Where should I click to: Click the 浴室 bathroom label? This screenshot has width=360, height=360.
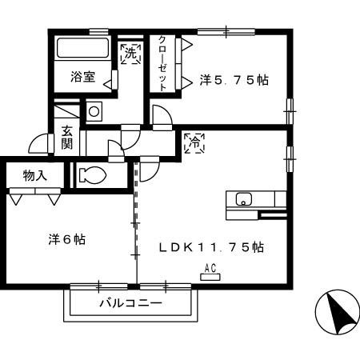coord(82,78)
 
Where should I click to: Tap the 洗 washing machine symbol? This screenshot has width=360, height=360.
coord(129,54)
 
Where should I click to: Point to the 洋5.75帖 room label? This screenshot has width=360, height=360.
coord(234,80)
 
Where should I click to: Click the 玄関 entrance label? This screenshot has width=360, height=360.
coord(67,138)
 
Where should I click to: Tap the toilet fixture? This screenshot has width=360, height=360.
coord(93,174)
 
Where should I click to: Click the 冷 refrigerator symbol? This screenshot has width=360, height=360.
coord(193,144)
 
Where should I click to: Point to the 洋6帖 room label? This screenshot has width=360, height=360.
coord(67,239)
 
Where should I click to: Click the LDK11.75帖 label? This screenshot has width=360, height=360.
coord(211,247)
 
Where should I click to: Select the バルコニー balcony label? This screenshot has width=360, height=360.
coord(130,304)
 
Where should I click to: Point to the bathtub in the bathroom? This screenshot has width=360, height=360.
coord(81,48)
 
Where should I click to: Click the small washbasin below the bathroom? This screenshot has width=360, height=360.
coord(94,110)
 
